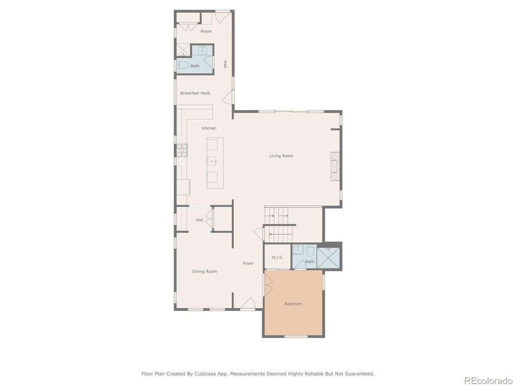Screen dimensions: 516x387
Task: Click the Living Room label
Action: point(281,156)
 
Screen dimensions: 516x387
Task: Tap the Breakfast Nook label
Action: point(195,93)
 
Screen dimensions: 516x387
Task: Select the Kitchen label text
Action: point(209,129)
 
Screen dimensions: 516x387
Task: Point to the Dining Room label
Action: point(205,271)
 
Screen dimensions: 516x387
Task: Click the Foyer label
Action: point(248,263)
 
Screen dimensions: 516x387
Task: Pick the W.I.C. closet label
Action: point(277,258)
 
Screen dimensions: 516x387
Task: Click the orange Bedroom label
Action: point(293,304)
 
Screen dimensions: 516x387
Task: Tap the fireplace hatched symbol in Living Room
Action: point(335,167)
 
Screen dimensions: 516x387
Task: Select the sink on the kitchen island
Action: point(212,161)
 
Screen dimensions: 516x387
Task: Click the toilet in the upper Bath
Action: point(182,65)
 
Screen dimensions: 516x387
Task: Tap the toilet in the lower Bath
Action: point(310,251)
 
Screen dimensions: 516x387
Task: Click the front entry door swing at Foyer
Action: point(248,304)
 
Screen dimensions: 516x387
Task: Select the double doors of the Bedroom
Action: point(269,284)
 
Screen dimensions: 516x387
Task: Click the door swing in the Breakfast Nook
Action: point(228,97)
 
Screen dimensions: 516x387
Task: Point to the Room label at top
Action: point(206,31)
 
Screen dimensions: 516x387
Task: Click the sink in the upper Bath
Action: point(202,51)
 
